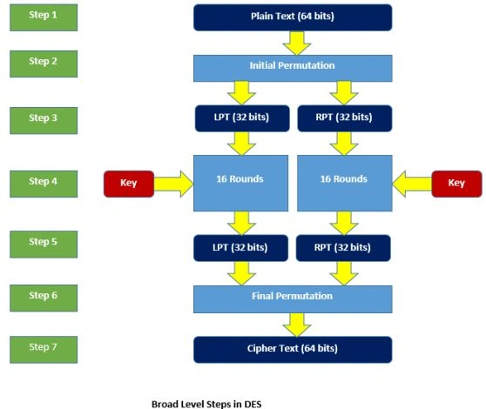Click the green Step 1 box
coord(44,17)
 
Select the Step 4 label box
coord(44,184)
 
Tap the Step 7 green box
coord(44,350)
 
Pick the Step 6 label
coord(44,298)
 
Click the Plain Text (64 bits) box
coord(293,17)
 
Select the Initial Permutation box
coord(293,69)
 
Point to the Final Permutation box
coord(293,299)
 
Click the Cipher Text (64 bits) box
coord(293,350)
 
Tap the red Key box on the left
coord(129,184)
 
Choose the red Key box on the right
coord(457,184)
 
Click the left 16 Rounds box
coord(241,184)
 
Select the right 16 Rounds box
coord(345,184)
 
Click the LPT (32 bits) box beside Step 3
coord(242,118)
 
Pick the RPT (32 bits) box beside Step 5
coord(343,248)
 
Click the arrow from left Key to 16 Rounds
coord(173,184)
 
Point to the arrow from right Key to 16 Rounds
coord(412,184)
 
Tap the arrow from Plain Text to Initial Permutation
coord(297,43)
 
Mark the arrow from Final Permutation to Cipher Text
coord(297,325)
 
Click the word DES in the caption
coord(253,404)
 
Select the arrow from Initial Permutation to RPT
coord(344,93)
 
